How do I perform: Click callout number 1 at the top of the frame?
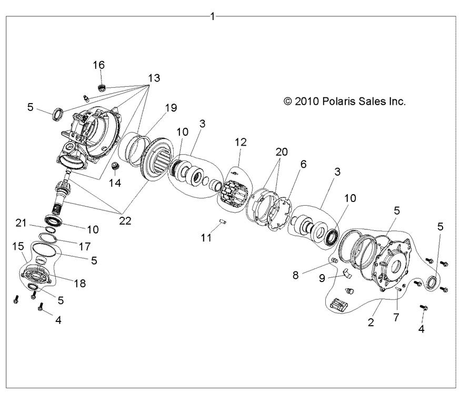[212, 16]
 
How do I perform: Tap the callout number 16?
[99, 65]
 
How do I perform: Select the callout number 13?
[153, 78]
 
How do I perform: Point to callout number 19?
[156, 109]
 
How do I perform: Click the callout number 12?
[241, 142]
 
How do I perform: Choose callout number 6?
[303, 165]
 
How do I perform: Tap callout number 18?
[79, 284]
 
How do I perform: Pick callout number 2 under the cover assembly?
[371, 321]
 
